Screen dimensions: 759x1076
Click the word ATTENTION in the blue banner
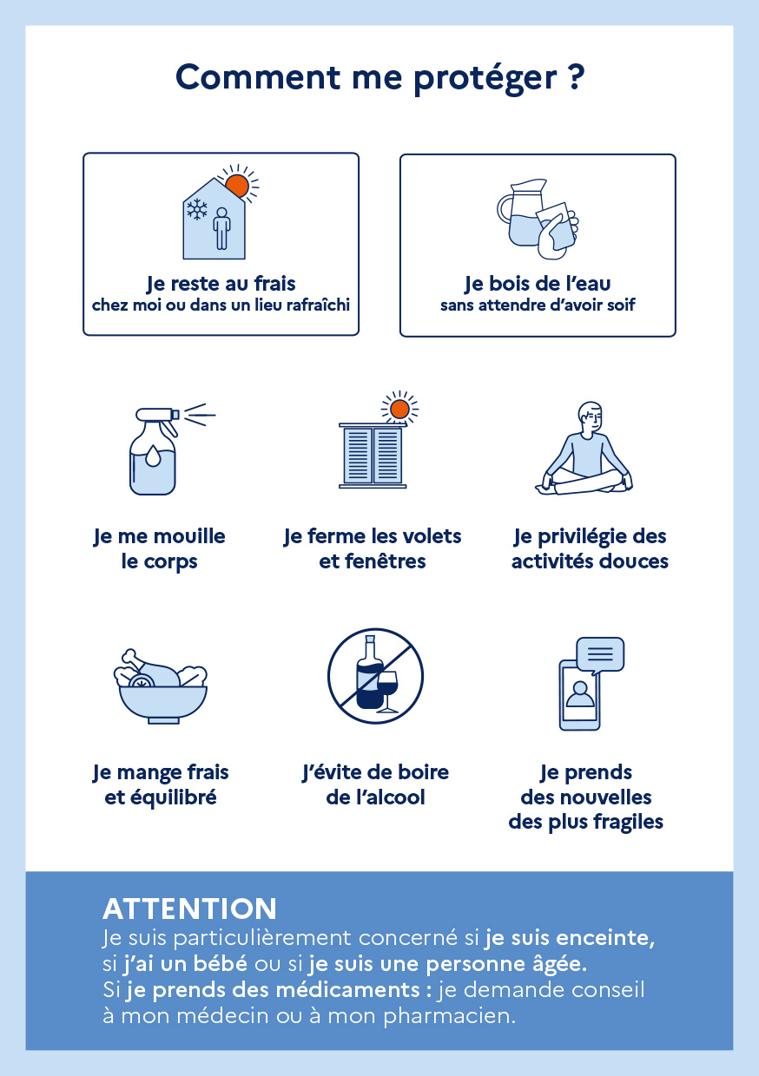tap(189, 909)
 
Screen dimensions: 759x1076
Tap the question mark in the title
tap(576, 77)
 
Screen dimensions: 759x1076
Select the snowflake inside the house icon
tap(197, 209)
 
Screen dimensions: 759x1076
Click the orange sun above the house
tap(237, 186)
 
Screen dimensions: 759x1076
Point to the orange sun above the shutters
tap(399, 410)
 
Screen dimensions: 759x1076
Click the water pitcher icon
tap(523, 213)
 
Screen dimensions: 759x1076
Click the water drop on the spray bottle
tap(152, 456)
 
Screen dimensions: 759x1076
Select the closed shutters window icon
tap(373, 456)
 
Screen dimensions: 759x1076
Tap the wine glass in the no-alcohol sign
tap(387, 692)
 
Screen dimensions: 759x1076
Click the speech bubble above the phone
tap(600, 655)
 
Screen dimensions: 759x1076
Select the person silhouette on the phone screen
tap(580, 694)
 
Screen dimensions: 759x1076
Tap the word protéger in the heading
tap(485, 79)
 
